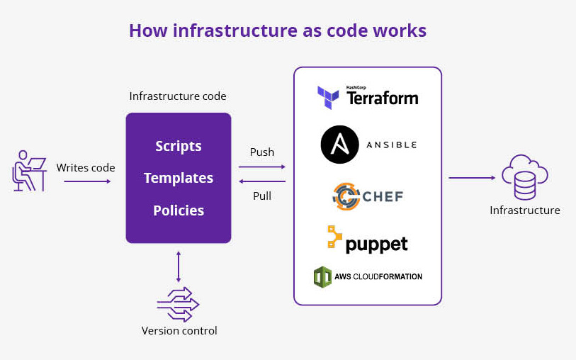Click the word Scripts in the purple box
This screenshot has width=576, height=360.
[179, 147]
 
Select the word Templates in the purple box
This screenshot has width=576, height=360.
[179, 178]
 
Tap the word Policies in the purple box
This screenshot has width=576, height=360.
[179, 210]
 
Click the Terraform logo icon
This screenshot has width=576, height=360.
[329, 98]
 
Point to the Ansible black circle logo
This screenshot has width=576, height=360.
[339, 145]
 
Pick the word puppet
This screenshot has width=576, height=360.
[376, 244]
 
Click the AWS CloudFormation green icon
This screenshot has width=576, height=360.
[323, 276]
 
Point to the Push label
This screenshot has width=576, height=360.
[262, 152]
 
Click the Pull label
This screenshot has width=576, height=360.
[262, 196]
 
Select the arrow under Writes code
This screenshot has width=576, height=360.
[87, 181]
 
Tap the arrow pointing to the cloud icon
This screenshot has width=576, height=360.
[471, 178]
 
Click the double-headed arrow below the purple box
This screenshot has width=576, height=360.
[179, 266]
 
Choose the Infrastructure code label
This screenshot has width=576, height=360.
[178, 96]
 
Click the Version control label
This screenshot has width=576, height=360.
[179, 331]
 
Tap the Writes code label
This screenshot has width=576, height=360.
[86, 168]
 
